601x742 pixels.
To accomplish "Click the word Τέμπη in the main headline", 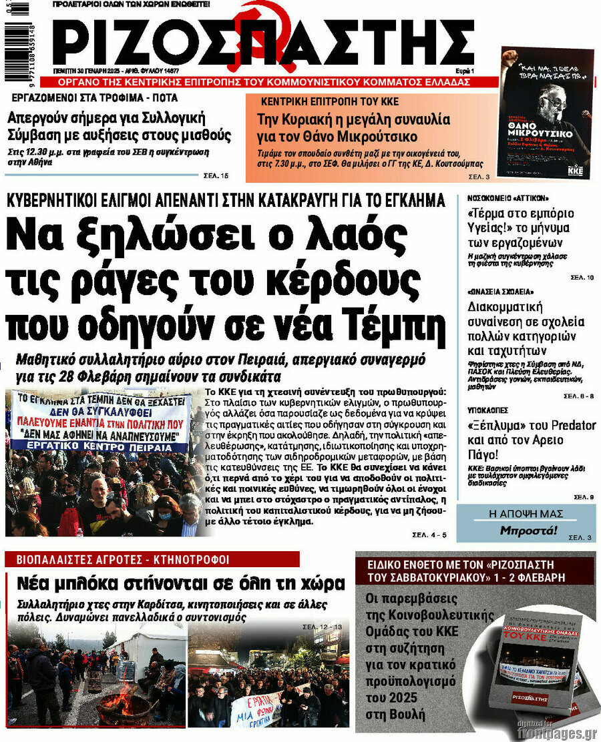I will tap(393, 325).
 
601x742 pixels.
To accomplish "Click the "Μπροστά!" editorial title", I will tap(528, 531).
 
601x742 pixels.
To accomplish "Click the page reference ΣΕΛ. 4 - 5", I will tap(429, 536).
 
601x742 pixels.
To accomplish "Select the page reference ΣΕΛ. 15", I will tap(216, 176).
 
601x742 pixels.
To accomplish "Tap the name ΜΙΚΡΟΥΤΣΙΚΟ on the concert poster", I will tap(546, 132).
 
